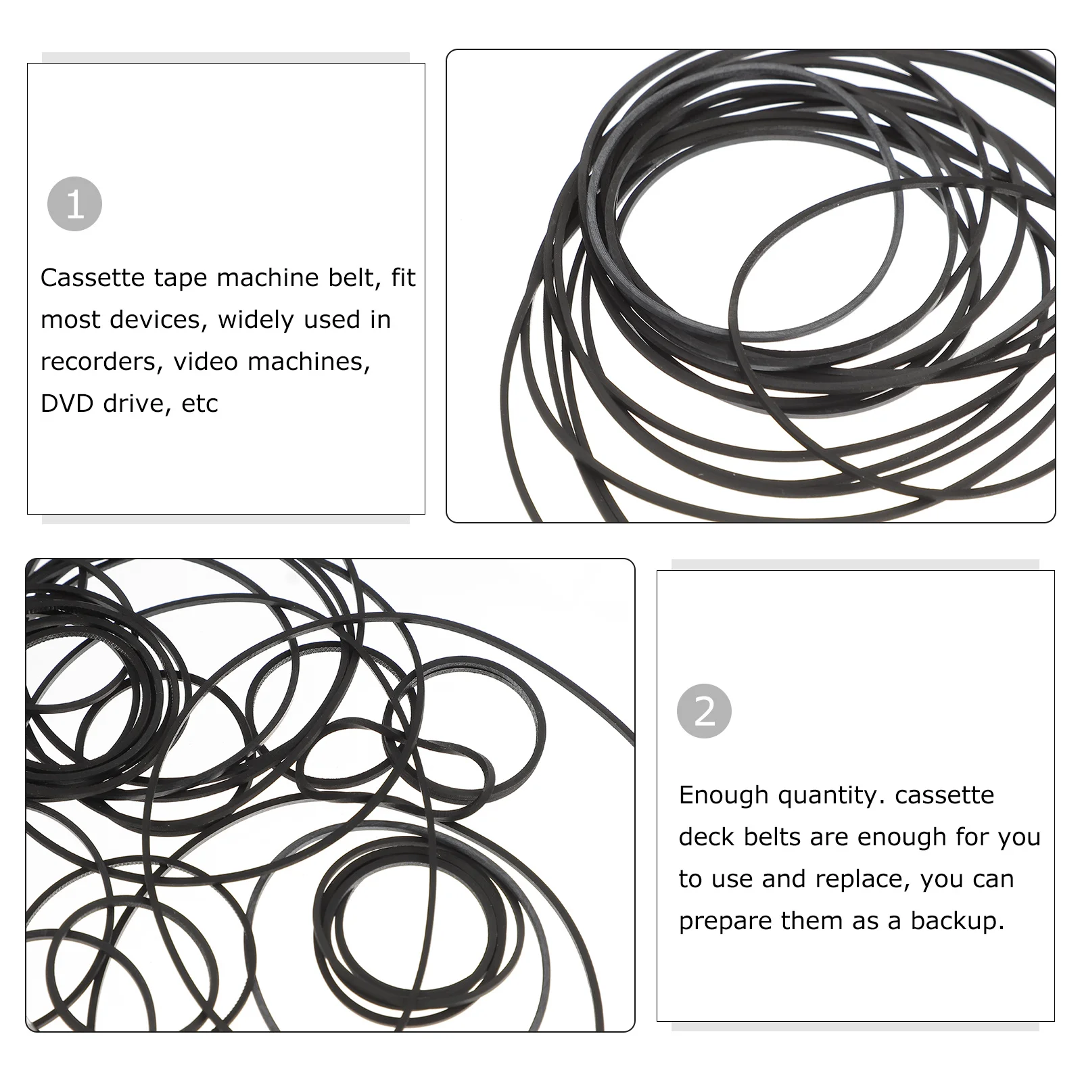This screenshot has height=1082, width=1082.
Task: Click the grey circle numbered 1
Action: pos(74,204)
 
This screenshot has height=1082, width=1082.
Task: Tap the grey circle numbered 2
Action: pos(704,711)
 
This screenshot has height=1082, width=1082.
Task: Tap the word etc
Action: pos(199,404)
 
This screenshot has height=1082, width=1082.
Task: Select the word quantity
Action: pos(832,795)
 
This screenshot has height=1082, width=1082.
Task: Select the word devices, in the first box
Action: pos(159,320)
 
